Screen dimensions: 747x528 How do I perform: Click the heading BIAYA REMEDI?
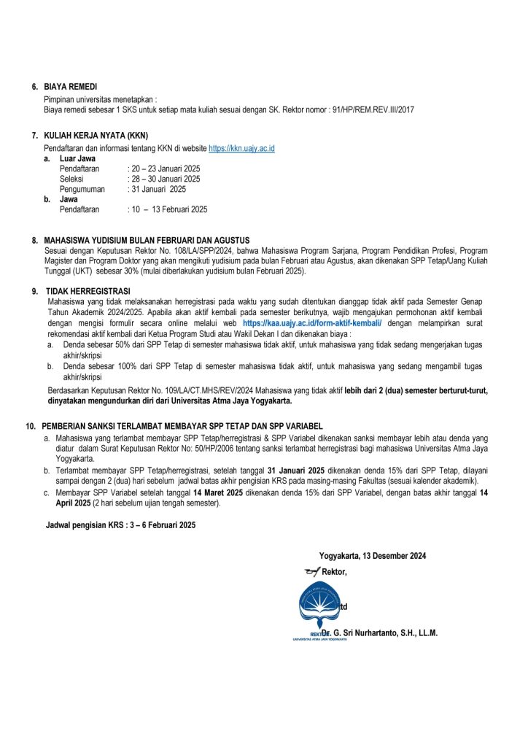[x=71, y=87]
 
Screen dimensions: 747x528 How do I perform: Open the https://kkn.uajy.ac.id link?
[x=241, y=148]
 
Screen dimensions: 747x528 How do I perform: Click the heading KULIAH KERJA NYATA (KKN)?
[x=96, y=136]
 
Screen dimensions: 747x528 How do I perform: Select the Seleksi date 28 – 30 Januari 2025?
[x=166, y=179]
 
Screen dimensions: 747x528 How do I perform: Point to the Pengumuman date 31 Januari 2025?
[x=158, y=189]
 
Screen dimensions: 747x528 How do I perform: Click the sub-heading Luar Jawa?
[x=77, y=158]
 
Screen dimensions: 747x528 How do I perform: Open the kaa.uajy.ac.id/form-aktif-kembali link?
[x=312, y=322]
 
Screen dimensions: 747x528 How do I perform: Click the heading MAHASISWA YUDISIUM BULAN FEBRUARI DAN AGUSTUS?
[x=147, y=240]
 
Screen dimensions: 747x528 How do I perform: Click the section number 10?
[x=30, y=425]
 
